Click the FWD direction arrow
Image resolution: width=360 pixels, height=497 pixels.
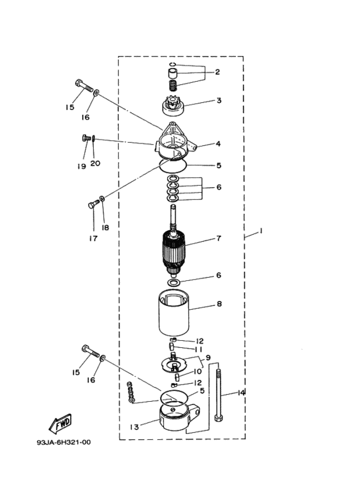[x=59, y=424]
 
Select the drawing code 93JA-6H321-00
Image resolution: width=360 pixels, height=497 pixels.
[x=64, y=443]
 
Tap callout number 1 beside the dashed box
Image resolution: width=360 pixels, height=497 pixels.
[x=261, y=231]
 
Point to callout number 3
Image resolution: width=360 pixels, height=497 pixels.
[x=218, y=100]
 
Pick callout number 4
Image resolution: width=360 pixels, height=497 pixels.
[x=218, y=144]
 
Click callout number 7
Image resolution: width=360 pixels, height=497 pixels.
[x=218, y=239]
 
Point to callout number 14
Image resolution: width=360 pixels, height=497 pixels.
[x=241, y=393]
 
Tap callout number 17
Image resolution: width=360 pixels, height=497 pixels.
[x=94, y=239]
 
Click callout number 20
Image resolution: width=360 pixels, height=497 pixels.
[x=95, y=163]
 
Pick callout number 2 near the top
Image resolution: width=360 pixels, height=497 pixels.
[x=218, y=73]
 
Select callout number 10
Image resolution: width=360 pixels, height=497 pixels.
[x=198, y=372]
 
